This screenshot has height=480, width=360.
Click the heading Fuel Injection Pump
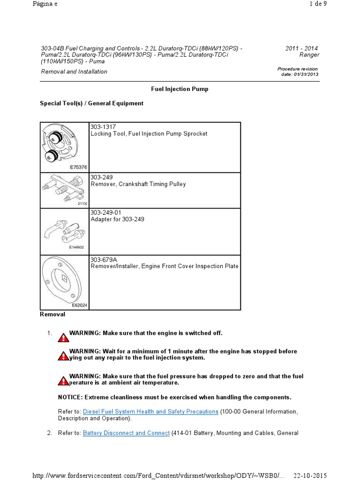[180, 89]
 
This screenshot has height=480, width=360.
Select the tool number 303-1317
[103, 127]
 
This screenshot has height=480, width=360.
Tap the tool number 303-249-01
[106, 212]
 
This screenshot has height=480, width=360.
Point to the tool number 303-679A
[104, 259]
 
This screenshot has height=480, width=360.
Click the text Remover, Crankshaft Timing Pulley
[138, 184]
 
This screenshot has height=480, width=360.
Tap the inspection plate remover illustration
[64, 280]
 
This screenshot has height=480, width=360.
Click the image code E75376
[79, 167]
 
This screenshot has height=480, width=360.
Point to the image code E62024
[80, 305]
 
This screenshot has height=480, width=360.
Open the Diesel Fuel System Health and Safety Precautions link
[150, 412]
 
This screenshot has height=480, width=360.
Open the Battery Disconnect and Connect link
[126, 433]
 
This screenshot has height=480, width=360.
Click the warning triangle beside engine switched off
[63, 337]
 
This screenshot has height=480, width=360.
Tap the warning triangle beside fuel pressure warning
[63, 380]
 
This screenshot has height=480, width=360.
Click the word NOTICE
[69, 397]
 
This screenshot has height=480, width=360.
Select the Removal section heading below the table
[52, 315]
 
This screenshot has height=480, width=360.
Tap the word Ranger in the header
[309, 55]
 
